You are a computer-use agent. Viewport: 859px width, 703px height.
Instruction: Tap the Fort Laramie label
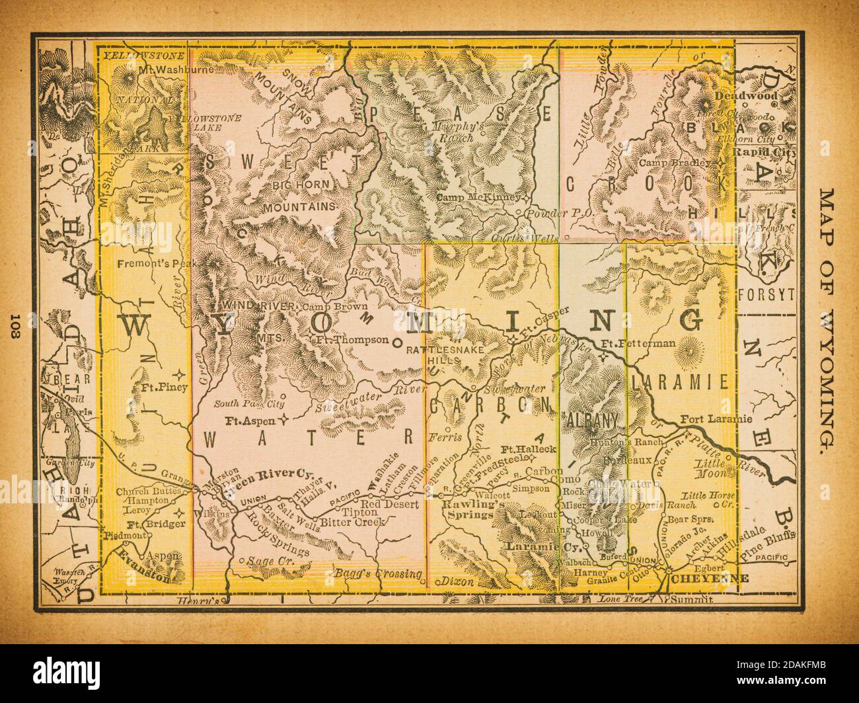pyautogui.click(x=716, y=419)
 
